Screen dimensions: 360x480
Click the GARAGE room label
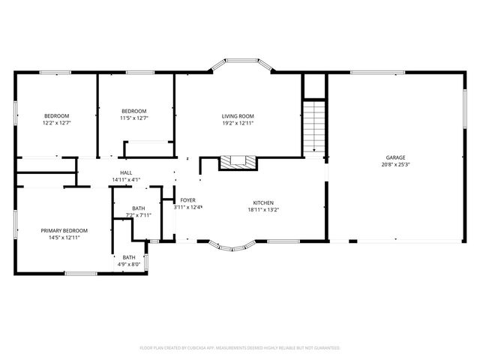(x=395, y=157)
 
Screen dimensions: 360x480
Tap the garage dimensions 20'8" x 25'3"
(x=395, y=165)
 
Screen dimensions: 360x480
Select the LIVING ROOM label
(x=238, y=115)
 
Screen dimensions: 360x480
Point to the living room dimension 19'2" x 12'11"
(x=238, y=123)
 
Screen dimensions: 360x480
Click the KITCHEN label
(x=262, y=202)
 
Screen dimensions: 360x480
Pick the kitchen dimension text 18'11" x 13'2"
(x=262, y=210)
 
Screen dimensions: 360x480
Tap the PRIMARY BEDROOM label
(x=64, y=230)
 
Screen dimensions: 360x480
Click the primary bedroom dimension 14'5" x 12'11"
(x=64, y=238)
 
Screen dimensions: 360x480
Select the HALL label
(x=126, y=172)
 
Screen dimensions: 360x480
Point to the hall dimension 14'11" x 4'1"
(x=126, y=180)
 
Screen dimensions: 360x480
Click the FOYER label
(x=188, y=200)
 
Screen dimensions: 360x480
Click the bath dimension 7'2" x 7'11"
(x=139, y=215)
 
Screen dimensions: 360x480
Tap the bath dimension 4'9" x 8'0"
(x=130, y=265)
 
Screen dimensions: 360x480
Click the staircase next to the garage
(x=315, y=126)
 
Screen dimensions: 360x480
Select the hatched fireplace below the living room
(x=237, y=162)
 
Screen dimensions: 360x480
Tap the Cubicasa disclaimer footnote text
(x=240, y=348)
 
